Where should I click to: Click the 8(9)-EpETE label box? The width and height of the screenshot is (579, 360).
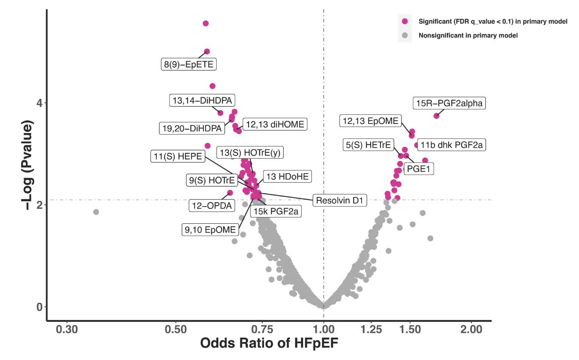click(x=188, y=65)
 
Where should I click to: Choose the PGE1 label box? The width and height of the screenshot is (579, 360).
click(x=418, y=168)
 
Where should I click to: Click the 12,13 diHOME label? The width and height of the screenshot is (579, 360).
click(x=275, y=124)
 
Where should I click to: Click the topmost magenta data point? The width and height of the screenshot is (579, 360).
click(x=206, y=23)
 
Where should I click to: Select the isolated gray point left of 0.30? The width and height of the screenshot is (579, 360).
click(x=96, y=212)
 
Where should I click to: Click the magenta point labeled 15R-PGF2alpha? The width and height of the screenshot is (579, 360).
click(x=436, y=116)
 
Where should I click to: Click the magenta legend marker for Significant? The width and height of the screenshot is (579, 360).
click(x=405, y=21)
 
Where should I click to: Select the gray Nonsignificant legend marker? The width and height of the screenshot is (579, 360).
click(x=405, y=35)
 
